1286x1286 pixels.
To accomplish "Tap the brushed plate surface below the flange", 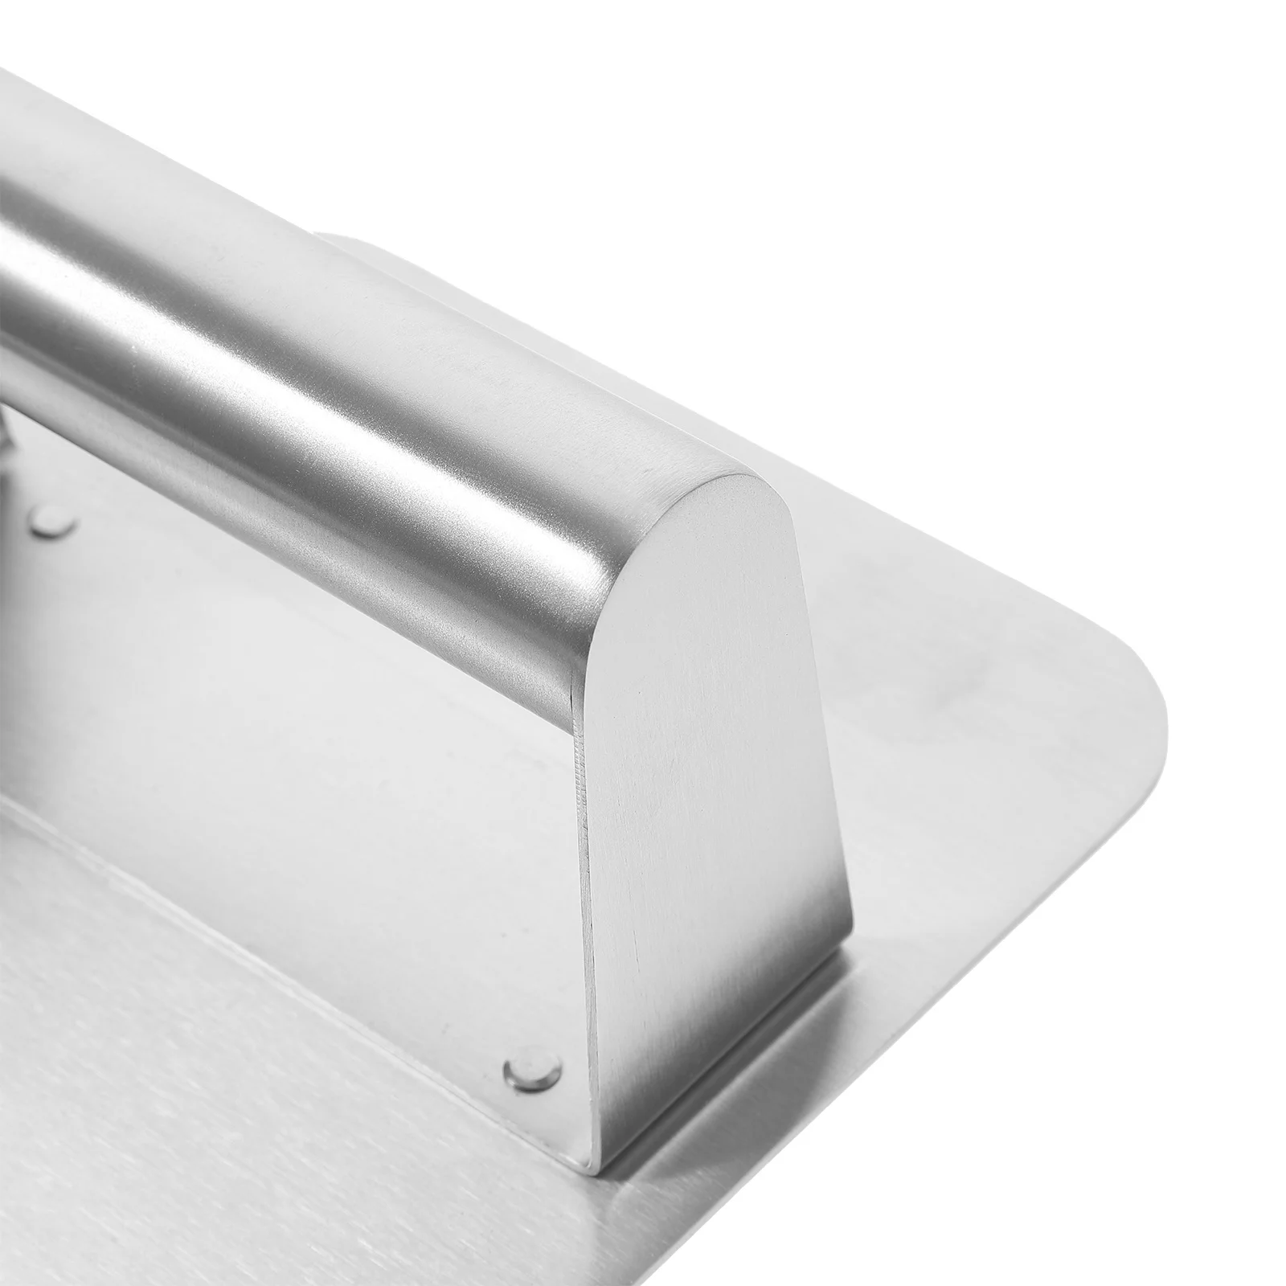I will (x=241, y=1125).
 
